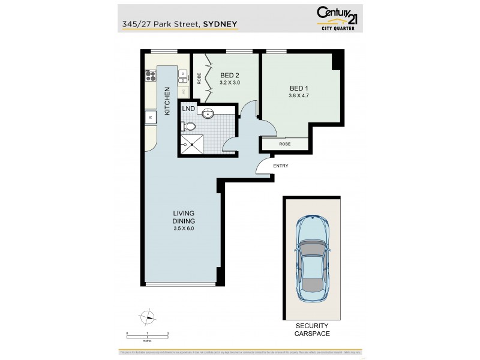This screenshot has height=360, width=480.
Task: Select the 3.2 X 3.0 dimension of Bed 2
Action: click(230, 82)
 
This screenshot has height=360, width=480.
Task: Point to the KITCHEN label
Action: click(167, 101)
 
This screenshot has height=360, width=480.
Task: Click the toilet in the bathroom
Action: click(188, 127)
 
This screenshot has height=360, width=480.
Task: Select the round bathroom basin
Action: click(208, 113)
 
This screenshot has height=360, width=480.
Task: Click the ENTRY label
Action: click(280, 166)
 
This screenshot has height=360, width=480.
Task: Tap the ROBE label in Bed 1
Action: click(285, 144)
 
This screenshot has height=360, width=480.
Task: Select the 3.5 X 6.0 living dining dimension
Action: click(184, 228)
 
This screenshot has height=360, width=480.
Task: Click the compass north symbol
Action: click(146, 318)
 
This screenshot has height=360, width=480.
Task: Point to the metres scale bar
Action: click(147, 335)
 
